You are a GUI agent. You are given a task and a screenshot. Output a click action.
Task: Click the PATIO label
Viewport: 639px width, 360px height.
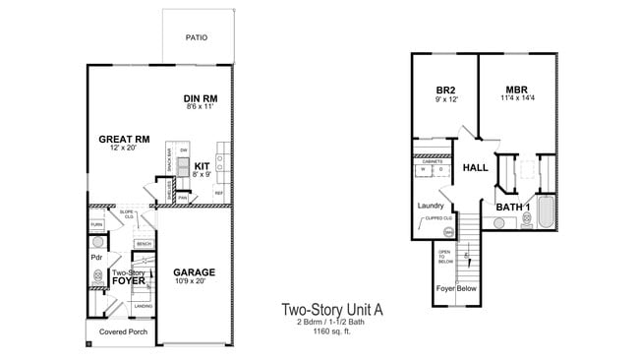coord(197,38)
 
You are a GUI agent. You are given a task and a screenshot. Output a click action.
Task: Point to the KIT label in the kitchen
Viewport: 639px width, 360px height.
coord(202,165)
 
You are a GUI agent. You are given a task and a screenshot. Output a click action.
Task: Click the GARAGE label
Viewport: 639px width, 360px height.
coord(194,271)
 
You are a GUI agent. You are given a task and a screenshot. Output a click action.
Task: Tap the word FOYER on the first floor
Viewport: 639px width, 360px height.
coord(128,280)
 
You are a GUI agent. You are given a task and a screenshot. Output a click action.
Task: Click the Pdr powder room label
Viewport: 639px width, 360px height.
coord(97,258)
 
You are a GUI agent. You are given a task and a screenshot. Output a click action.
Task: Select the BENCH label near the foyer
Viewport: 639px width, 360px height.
coord(144,243)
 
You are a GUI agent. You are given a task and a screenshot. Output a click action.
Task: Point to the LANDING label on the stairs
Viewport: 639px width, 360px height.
coord(144,306)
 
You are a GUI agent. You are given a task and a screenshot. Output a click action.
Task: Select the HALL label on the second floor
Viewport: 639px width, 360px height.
coord(476,168)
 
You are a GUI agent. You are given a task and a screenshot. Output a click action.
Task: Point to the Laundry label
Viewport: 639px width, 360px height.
coord(431,206)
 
